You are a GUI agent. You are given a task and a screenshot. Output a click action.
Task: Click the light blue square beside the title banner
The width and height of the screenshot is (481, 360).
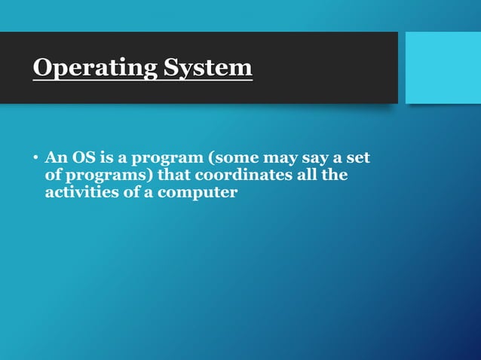pyautogui.click(x=443, y=68)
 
